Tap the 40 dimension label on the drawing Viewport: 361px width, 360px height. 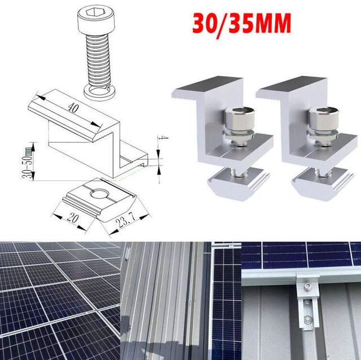point(73,108)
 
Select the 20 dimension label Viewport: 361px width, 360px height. point(73,218)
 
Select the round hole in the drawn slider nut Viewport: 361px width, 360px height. point(98,194)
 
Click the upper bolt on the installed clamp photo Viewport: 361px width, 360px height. point(306,287)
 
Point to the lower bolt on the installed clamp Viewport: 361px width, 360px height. point(307,319)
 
